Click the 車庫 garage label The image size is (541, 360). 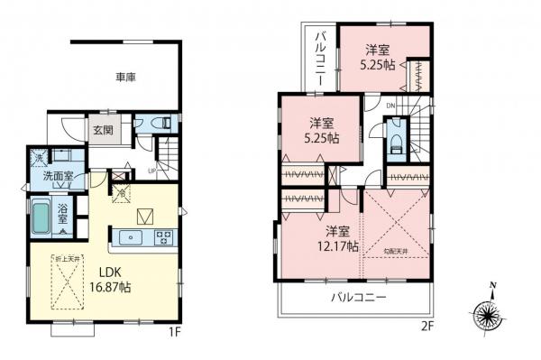124,78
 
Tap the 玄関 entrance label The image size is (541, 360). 101,129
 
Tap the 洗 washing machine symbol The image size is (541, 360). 38,159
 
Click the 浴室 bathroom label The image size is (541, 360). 65,216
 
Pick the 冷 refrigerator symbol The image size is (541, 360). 120,192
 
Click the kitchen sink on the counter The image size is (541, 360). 132,238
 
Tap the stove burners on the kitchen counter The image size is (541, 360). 164,238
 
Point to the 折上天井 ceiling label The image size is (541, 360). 64,258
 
